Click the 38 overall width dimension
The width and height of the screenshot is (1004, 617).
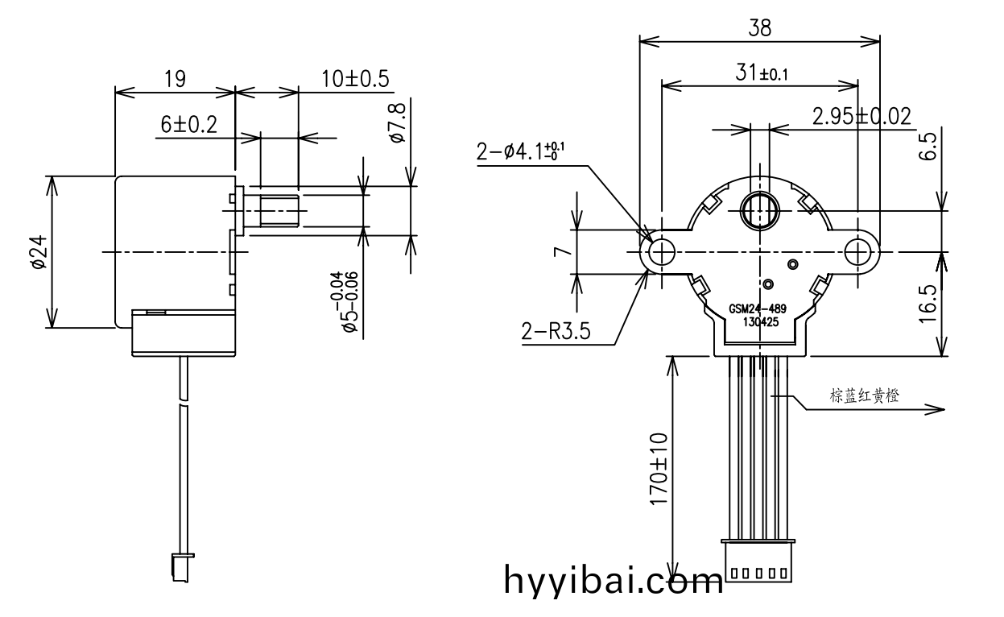point(759,28)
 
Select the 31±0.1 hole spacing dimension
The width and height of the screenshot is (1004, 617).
point(761,73)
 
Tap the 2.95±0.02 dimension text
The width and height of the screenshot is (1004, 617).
point(861,117)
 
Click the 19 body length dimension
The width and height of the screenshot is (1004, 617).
point(175,79)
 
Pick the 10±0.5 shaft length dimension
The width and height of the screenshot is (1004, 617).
point(355,79)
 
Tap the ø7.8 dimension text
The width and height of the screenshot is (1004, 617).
point(396,123)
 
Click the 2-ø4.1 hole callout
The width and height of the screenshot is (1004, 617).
point(521,151)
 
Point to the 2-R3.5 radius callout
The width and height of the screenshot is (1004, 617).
point(556,332)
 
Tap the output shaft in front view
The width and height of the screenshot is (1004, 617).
point(759,211)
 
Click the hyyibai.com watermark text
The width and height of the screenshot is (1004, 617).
point(614,580)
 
